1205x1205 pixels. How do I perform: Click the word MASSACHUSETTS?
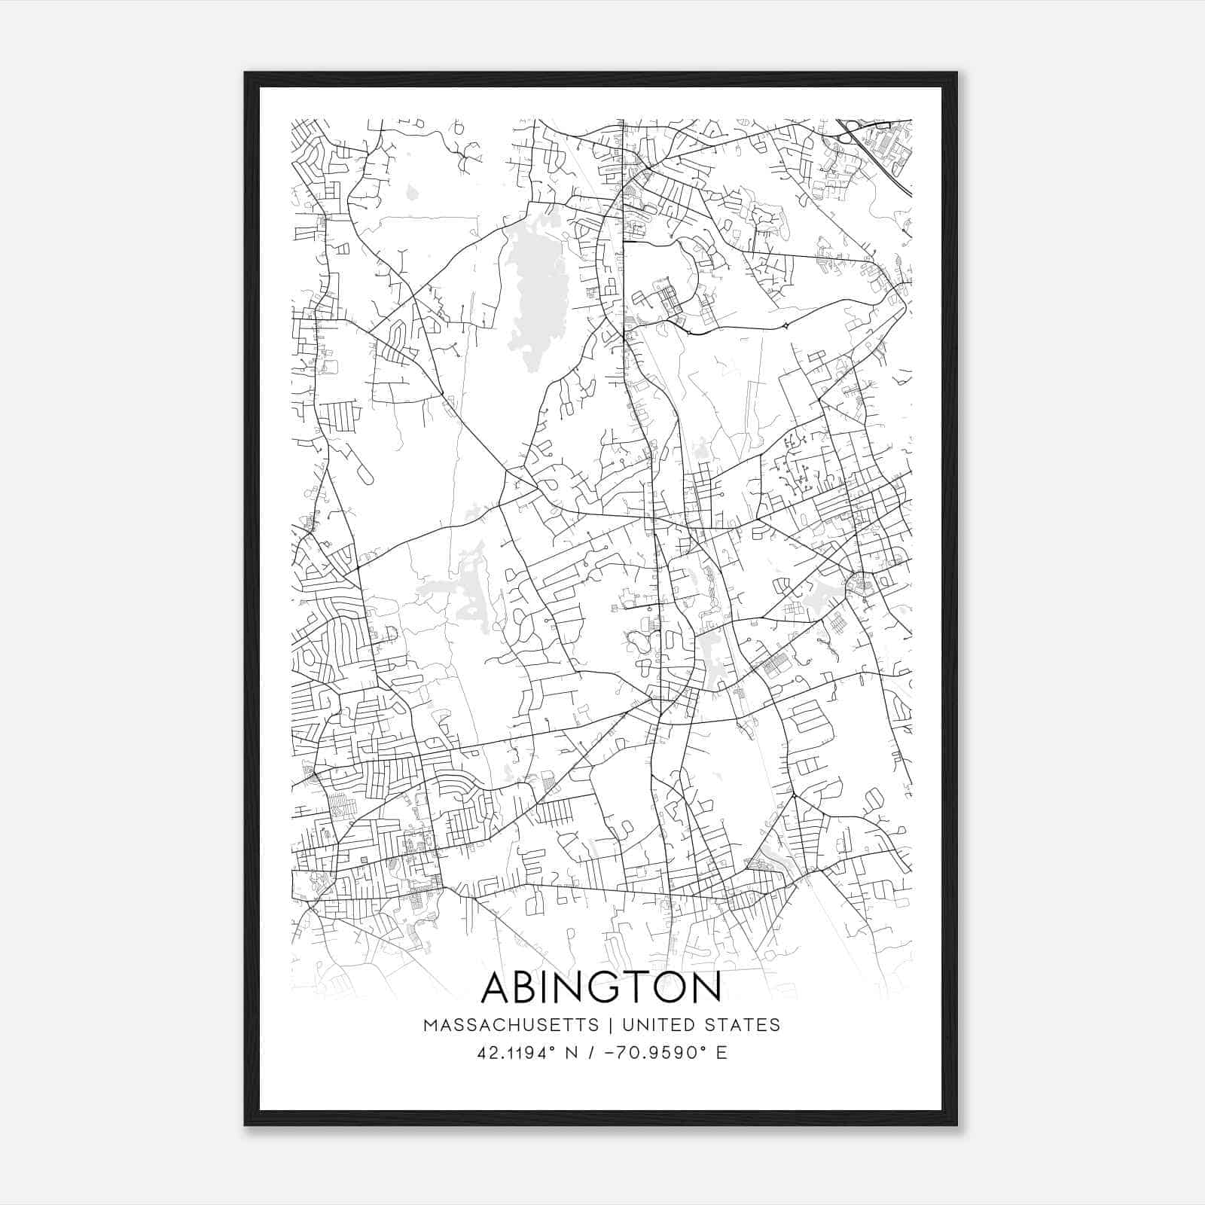[x=511, y=1025]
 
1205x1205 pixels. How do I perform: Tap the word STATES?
[x=745, y=1025]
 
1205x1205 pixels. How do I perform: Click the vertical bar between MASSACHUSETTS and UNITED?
[x=609, y=1025]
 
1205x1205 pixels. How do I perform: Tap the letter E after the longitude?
[x=722, y=1052]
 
